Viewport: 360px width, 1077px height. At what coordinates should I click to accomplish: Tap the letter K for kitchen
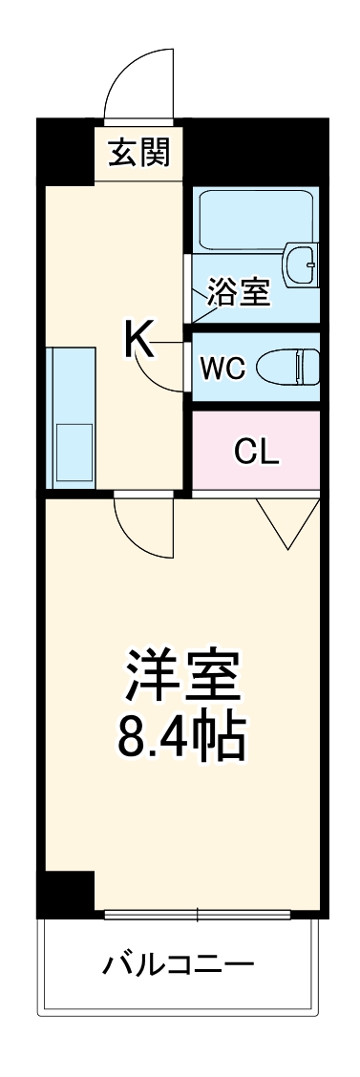point(138,338)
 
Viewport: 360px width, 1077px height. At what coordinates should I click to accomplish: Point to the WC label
point(222,368)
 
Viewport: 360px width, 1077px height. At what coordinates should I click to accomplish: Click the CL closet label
point(257,452)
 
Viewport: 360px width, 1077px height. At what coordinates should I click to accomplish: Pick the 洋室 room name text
point(180,677)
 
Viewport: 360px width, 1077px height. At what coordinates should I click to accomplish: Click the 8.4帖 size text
point(180,735)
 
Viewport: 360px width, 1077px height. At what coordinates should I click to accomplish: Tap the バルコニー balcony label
point(179,964)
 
